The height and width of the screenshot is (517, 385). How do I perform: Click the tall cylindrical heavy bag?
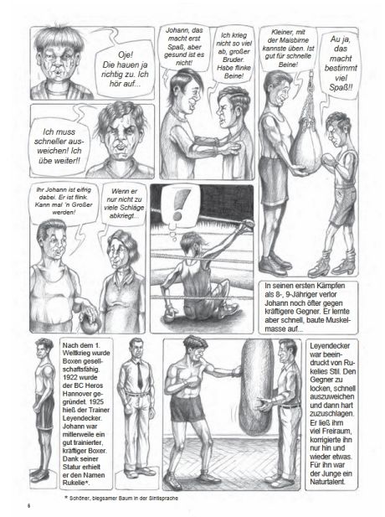tap(255, 386)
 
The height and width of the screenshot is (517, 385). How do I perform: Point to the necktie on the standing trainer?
tap(140, 375)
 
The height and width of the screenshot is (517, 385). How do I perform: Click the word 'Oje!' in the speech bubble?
tap(126, 54)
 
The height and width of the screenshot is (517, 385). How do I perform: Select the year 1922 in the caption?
tap(70, 378)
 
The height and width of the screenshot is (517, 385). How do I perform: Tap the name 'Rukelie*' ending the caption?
tap(76, 483)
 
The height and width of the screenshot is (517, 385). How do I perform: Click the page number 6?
tap(29, 505)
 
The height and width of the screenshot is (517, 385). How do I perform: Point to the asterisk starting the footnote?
tap(66, 497)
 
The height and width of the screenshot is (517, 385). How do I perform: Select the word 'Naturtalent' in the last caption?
tap(327, 482)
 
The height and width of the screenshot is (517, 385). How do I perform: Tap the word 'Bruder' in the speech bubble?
tap(234, 59)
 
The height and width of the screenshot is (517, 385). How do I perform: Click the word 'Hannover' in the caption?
tap(77, 394)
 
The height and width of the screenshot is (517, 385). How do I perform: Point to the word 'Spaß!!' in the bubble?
tap(341, 88)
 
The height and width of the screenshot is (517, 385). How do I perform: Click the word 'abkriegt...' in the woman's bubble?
tap(124, 216)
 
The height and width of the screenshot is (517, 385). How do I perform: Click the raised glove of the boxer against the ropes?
tap(247, 225)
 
